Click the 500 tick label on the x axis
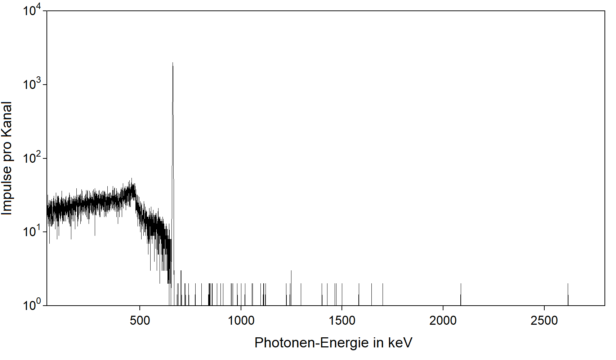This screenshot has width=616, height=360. coord(140,320)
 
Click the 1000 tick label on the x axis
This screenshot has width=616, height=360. coord(241,320)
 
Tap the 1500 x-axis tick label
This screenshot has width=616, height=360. coord(342,320)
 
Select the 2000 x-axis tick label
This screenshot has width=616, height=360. coord(443,320)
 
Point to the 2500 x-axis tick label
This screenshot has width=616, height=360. coord(544,320)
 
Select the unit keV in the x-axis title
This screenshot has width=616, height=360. coord(400,343)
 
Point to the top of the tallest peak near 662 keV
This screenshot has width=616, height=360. coord(173,63)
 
